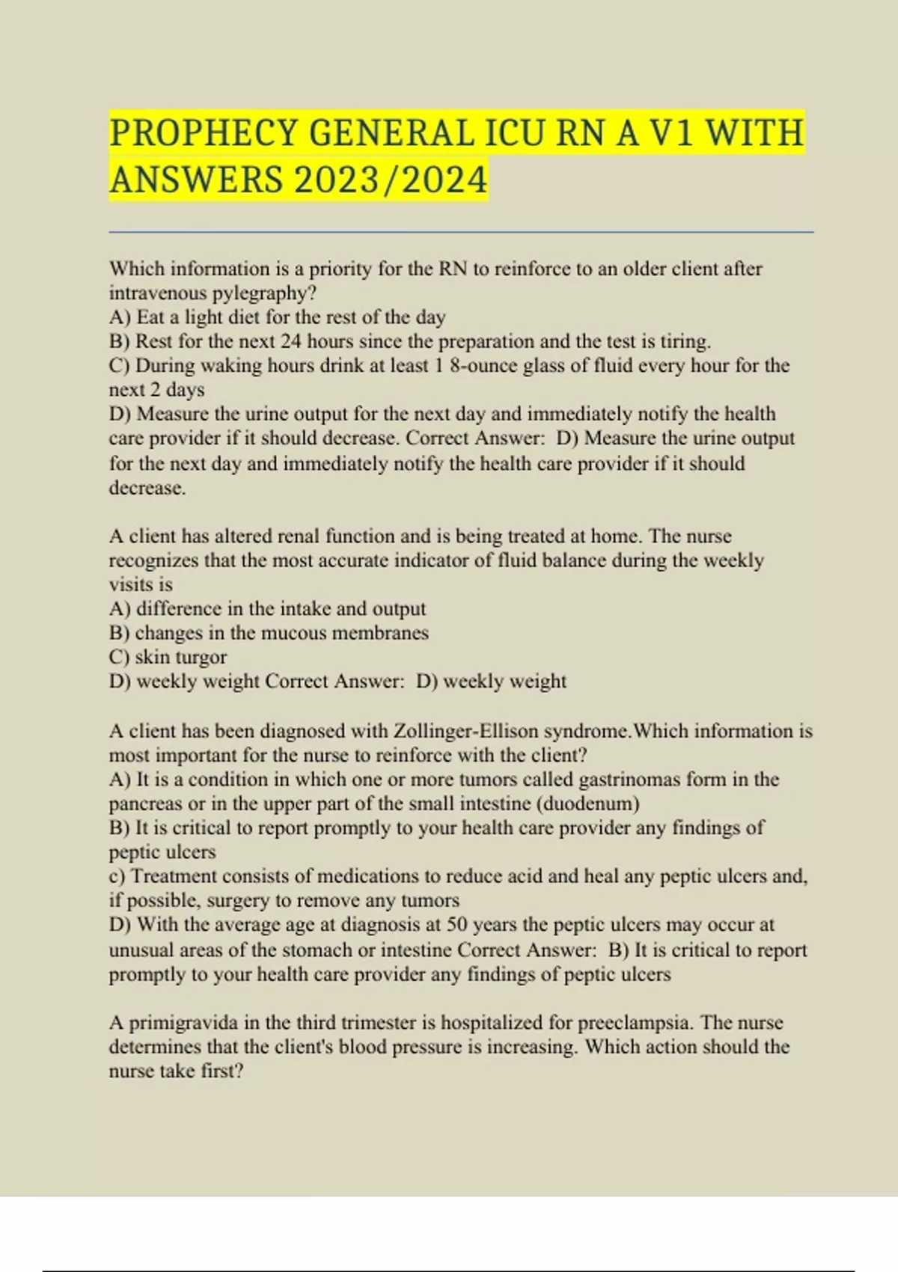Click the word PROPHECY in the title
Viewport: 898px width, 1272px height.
204,133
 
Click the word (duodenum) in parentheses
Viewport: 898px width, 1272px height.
588,804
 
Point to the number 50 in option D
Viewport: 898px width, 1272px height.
456,924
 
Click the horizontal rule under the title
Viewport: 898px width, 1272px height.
461,233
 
